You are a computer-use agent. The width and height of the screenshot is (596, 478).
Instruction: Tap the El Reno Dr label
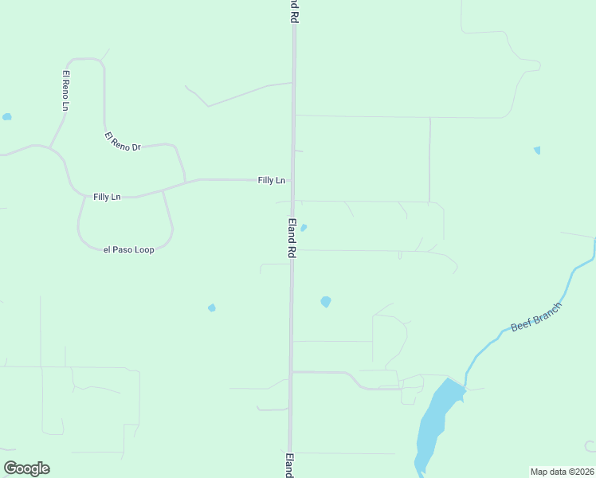pyautogui.click(x=122, y=143)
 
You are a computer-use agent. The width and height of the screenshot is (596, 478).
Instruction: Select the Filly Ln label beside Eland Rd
pyautogui.click(x=271, y=181)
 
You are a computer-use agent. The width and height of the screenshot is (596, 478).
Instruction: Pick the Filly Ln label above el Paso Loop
pyautogui.click(x=107, y=197)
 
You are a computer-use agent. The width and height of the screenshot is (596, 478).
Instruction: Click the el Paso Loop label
pyautogui.click(x=129, y=249)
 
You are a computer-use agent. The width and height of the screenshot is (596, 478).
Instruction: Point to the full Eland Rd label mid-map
pyautogui.click(x=292, y=237)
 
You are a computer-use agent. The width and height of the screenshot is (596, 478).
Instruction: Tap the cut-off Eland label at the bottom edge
pyautogui.click(x=289, y=465)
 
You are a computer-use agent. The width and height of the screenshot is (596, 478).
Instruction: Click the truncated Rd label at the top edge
pyautogui.click(x=294, y=10)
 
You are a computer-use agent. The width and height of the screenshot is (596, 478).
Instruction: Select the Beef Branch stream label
pyautogui.click(x=536, y=316)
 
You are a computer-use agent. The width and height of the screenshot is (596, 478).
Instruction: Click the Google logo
pyautogui.click(x=26, y=468)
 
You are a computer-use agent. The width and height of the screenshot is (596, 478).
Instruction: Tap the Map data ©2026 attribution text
pyautogui.click(x=562, y=472)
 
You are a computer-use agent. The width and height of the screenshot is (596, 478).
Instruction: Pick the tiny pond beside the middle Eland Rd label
pyautogui.click(x=304, y=227)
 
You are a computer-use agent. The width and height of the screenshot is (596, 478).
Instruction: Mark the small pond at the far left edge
pyautogui.click(x=7, y=117)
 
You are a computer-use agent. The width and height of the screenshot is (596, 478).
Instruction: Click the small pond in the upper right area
pyautogui.click(x=537, y=150)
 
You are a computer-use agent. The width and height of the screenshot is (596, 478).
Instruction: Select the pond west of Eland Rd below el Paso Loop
pyautogui.click(x=212, y=308)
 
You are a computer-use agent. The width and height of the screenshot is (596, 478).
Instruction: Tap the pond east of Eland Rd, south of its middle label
pyautogui.click(x=325, y=302)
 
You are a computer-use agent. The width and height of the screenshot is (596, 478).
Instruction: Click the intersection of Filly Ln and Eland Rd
pyautogui.click(x=293, y=180)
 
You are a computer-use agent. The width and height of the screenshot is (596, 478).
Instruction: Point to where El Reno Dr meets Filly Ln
pyautogui.click(x=185, y=182)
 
